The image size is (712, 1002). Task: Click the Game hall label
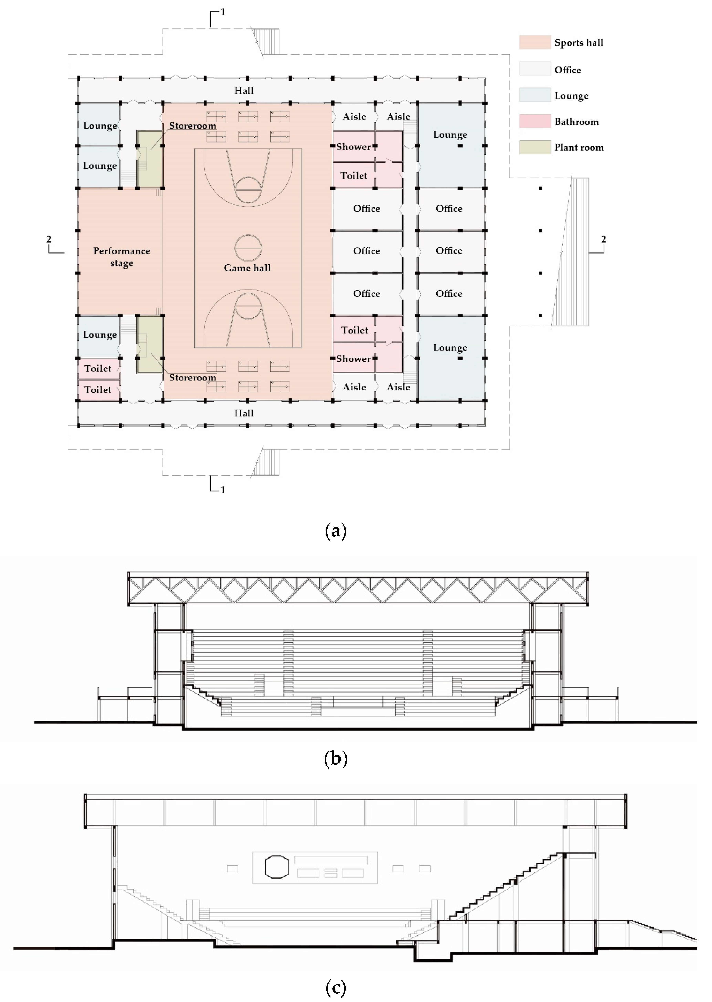pos(247,268)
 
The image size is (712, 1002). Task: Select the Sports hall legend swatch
pos(535,42)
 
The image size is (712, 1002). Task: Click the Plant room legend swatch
pos(535,147)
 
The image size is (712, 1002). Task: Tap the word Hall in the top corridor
pos(244,90)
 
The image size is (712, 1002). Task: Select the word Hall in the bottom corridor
pos(244,413)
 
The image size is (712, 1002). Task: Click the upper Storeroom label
pos(193,126)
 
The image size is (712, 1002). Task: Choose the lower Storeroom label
pos(193,378)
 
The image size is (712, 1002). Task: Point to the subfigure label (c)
pos(336,987)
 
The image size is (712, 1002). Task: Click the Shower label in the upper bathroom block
pos(353,147)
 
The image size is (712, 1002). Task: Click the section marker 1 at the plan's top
pos(223,12)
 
